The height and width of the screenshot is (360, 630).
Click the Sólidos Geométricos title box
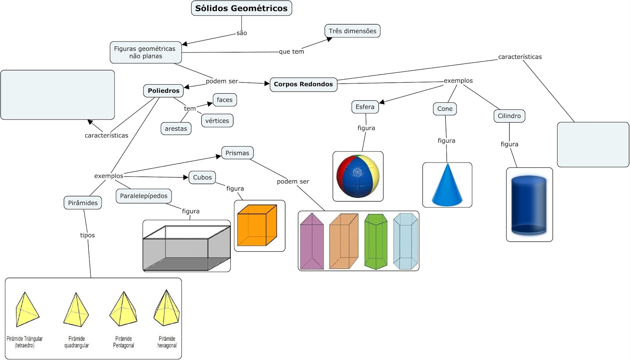(x=241, y=8)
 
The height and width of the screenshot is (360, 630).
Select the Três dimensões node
(x=352, y=31)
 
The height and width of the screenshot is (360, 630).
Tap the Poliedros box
(x=163, y=91)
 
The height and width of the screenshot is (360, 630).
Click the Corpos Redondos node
(x=303, y=84)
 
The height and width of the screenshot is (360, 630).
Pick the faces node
(x=224, y=100)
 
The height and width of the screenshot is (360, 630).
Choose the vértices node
(x=217, y=121)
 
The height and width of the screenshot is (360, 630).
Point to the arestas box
(x=176, y=129)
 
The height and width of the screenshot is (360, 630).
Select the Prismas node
(x=237, y=153)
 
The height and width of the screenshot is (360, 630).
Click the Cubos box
(x=202, y=177)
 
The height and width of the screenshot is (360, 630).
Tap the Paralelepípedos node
(x=144, y=196)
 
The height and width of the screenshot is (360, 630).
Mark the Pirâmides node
(x=83, y=203)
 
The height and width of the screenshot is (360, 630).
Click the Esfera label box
(x=365, y=107)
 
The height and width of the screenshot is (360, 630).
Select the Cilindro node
(x=509, y=116)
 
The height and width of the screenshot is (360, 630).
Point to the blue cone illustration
(x=447, y=185)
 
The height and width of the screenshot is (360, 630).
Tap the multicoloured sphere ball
(x=358, y=176)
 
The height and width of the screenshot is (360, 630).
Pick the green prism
(x=376, y=242)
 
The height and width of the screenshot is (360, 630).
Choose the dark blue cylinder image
(x=529, y=205)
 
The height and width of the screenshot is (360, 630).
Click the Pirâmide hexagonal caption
(x=167, y=342)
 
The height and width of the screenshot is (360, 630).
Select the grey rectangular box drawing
(x=186, y=248)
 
